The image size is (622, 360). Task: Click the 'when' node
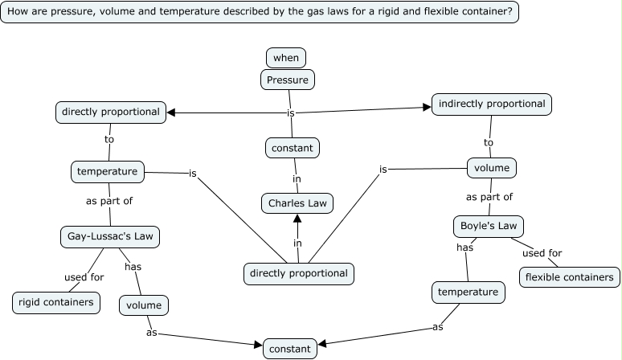pos(286,57)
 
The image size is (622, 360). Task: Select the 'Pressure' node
pos(287,79)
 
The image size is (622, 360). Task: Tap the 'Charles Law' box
pos(297,203)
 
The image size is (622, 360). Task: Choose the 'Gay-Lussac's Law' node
pos(110,236)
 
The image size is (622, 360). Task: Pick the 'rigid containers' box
pos(57,302)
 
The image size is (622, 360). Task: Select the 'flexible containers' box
pos(570,277)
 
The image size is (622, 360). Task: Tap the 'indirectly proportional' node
pos(492,104)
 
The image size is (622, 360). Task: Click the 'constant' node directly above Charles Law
pos(293,148)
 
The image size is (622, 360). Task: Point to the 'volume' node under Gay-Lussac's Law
pos(145,305)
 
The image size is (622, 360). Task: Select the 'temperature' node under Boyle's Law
pos(469,292)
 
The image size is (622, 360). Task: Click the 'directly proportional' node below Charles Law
pos(299,273)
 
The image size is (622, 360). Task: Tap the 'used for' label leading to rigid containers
pos(84,277)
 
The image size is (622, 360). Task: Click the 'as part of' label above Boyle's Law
pos(489,196)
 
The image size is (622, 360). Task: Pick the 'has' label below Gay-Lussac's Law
pos(133,266)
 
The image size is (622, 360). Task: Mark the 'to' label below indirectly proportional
pos(489,142)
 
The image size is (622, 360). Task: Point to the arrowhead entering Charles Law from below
pos(297,218)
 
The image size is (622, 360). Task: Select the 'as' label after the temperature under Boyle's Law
pos(438,327)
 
